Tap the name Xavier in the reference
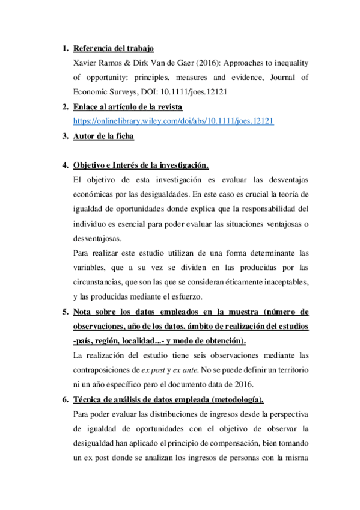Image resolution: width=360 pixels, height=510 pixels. click(x=85, y=63)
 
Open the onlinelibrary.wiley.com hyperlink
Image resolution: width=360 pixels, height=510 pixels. click(x=173, y=121)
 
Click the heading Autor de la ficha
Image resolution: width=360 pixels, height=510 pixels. click(x=103, y=136)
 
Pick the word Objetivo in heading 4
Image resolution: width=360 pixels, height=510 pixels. click(x=90, y=165)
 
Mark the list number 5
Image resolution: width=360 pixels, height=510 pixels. click(x=64, y=312)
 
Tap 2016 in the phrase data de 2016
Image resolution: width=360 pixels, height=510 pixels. click(x=248, y=384)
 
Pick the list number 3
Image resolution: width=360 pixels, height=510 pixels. click(x=64, y=136)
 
